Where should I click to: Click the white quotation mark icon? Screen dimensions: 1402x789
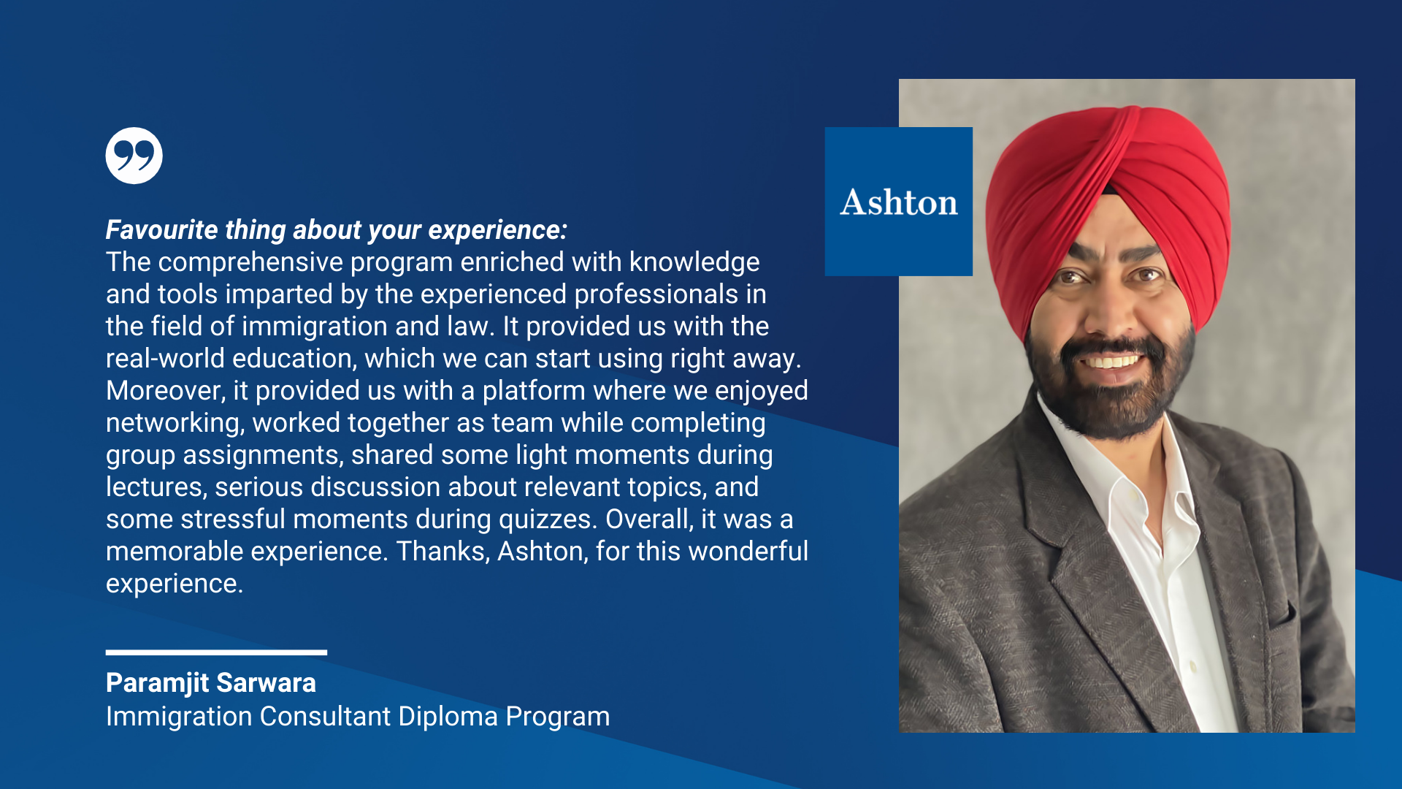tap(134, 156)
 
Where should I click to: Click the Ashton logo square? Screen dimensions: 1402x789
tap(898, 202)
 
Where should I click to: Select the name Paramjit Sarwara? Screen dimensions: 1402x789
tap(211, 682)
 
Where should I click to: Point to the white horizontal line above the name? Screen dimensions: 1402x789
tap(216, 652)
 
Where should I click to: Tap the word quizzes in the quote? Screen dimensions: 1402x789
tap(548, 519)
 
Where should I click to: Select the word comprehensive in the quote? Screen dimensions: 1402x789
tap(250, 262)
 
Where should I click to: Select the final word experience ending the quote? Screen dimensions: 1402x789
tap(175, 584)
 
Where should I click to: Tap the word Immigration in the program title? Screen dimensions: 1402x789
tap(179, 717)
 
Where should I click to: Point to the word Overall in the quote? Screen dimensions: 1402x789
tap(649, 519)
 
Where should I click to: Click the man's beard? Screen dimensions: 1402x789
tap(1110, 394)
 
